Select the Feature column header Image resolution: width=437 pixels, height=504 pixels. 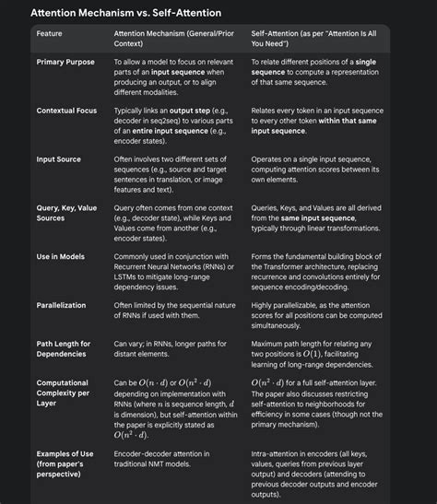click(51, 34)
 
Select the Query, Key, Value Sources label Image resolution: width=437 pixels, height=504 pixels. click(66, 213)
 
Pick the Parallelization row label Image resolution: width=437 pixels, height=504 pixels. click(62, 303)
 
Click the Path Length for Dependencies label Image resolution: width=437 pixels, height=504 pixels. click(64, 348)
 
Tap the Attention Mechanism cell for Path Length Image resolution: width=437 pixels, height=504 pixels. click(171, 348)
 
